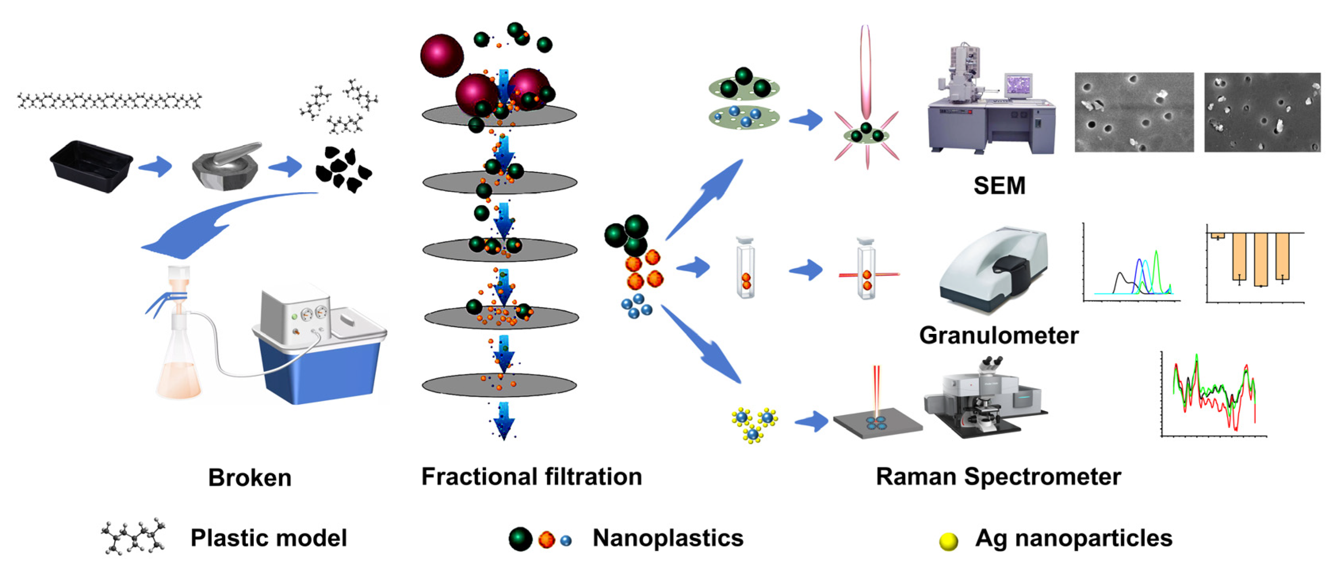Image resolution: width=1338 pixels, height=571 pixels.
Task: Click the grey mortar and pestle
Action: pos(226,166)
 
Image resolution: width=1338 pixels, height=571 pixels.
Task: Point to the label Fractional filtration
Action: pos(531,477)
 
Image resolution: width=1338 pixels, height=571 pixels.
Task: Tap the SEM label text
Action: pos(999,186)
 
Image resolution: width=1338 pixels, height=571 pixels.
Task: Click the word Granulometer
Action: pos(998,335)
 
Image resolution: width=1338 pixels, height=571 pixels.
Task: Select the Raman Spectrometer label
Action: pos(998,477)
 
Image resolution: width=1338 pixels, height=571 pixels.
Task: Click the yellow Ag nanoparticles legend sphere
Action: pos(948,541)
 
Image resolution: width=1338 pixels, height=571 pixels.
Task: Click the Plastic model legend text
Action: pos(268,538)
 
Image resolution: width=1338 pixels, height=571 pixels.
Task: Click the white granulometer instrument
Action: pos(992,270)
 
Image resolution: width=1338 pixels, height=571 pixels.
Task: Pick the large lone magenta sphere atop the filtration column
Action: pos(442,55)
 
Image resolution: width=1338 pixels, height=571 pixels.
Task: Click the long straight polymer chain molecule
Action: pos(109,101)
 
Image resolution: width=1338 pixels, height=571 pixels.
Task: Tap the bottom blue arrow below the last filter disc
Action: pos(503,421)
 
